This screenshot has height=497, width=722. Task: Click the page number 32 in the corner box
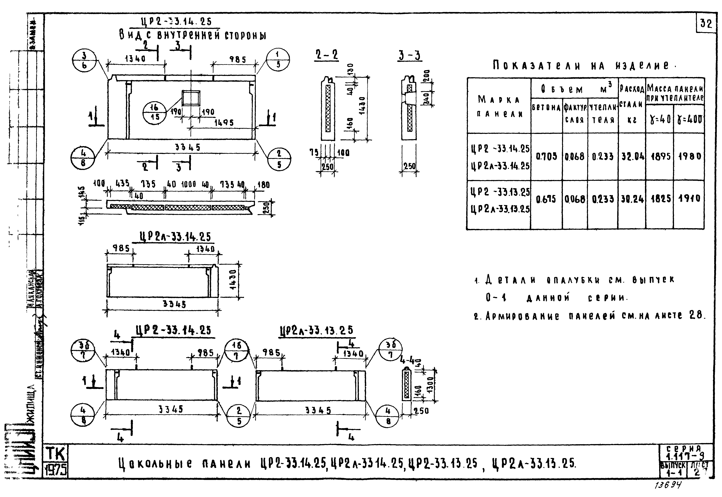tap(706, 24)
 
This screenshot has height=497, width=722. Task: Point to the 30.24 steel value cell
tap(632, 199)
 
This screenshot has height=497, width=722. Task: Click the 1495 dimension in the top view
tap(224, 123)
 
